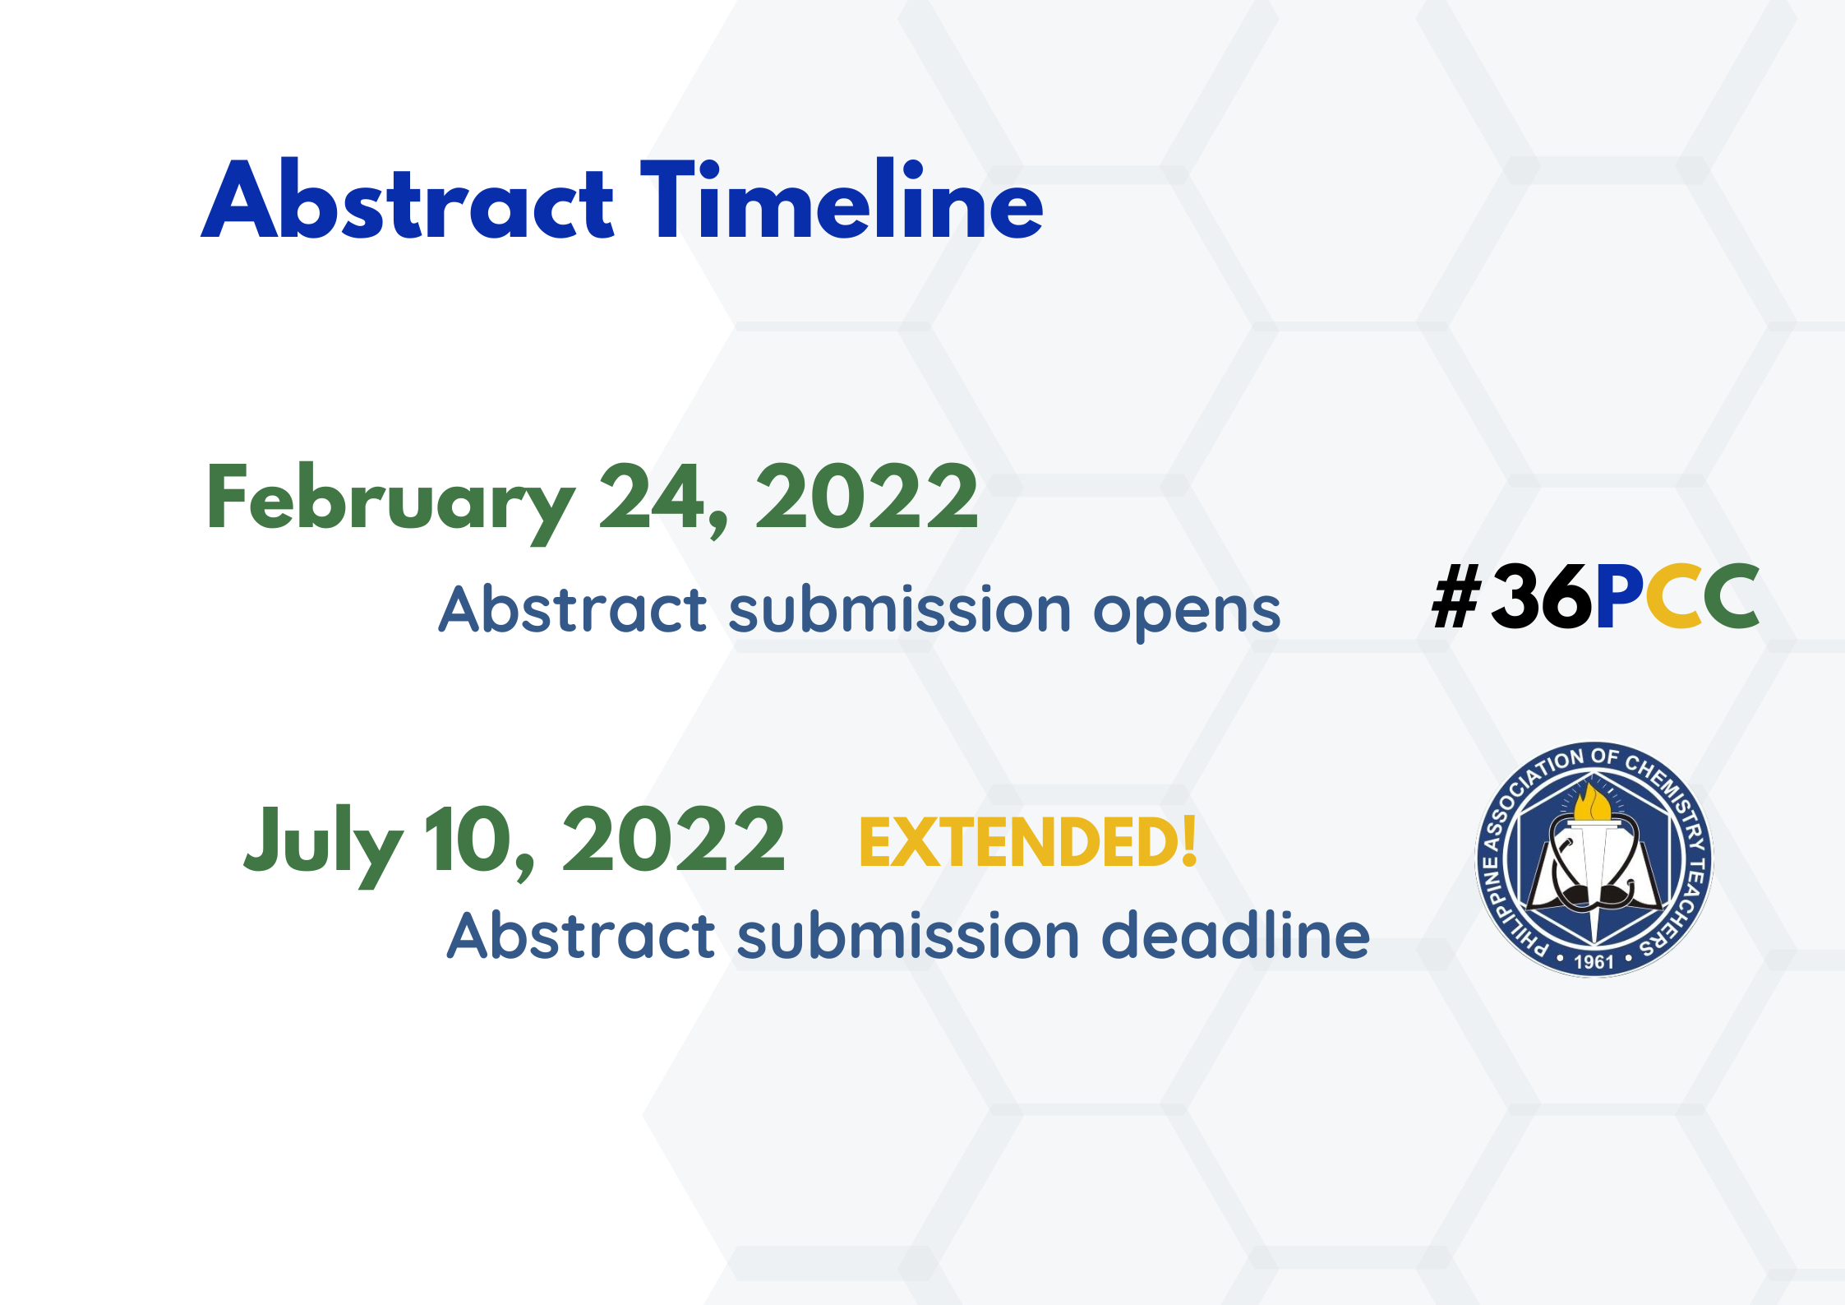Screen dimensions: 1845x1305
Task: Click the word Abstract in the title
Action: (x=408, y=200)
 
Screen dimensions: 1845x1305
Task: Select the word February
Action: (x=390, y=501)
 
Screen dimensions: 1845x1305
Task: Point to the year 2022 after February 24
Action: (x=867, y=496)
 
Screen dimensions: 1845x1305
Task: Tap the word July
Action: (x=324, y=844)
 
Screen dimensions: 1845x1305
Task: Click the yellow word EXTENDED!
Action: (x=1027, y=843)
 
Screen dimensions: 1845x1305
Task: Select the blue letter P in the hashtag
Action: (x=1620, y=596)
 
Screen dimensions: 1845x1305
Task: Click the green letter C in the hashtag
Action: (x=1732, y=596)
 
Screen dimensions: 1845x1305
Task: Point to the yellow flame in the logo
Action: (x=1592, y=803)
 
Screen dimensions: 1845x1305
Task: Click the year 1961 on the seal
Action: (x=1594, y=961)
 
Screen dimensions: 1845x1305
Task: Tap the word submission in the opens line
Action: (x=900, y=609)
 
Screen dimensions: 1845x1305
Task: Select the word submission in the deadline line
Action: (x=908, y=935)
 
